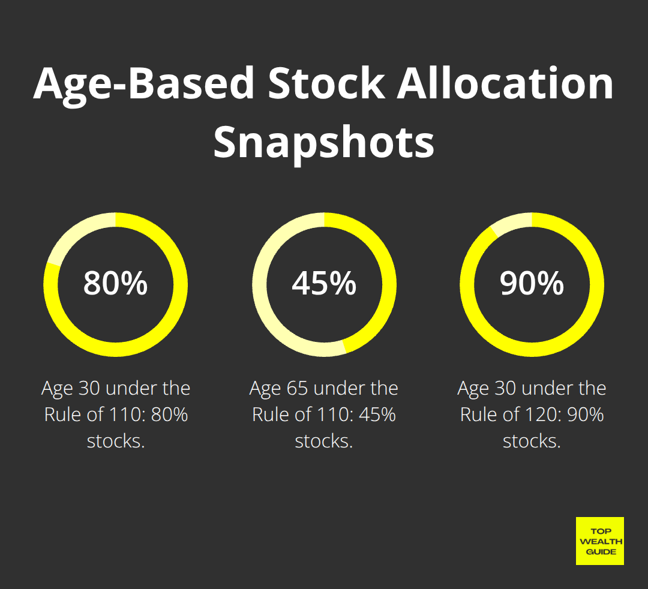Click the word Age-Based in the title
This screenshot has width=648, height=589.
tap(143, 84)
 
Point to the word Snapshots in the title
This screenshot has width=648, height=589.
tap(323, 142)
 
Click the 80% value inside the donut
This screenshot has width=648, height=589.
tap(115, 283)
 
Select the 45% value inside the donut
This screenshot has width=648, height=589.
tap(324, 283)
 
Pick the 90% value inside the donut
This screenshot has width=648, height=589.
tap(532, 283)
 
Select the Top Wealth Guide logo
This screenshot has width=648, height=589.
tap(600, 541)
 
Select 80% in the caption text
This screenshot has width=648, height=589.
tap(169, 414)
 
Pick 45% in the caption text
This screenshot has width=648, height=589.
tap(377, 414)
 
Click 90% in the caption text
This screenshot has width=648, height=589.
tap(586, 414)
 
